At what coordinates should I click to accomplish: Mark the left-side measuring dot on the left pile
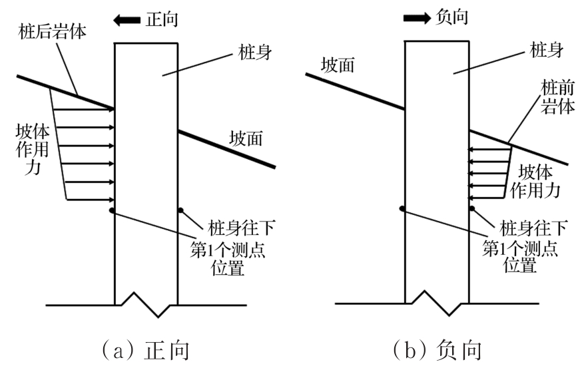[111, 211]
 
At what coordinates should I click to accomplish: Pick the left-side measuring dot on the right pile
[402, 209]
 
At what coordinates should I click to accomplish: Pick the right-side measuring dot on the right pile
[472, 209]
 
